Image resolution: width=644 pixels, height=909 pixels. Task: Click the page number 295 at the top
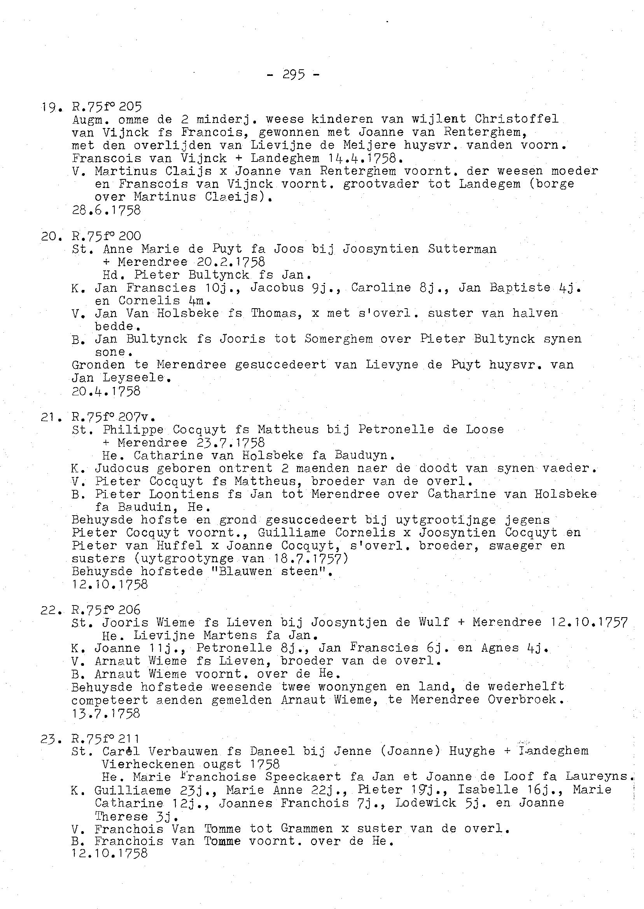click(294, 74)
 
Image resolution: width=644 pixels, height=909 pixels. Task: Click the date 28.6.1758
click(106, 210)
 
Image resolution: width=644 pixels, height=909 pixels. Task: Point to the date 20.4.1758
click(106, 391)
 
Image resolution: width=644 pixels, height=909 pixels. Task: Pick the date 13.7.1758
click(106, 713)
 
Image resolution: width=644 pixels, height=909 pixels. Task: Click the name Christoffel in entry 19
click(516, 119)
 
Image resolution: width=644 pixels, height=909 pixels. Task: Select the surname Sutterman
click(462, 249)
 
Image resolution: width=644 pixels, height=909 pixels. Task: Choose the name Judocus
click(122, 468)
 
